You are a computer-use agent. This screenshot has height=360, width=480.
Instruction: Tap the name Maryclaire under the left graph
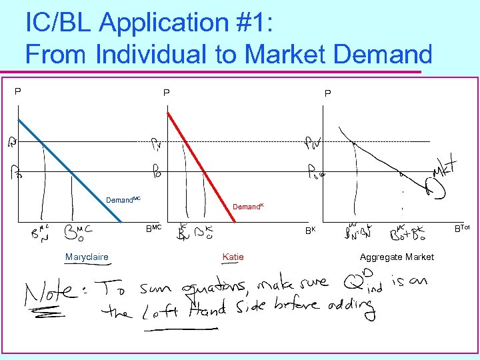pos(87,257)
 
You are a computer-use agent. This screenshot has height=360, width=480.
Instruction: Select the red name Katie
pos(233,257)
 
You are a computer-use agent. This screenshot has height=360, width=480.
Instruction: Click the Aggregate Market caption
pos(397,257)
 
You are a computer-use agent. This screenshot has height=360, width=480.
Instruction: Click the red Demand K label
pos(247,207)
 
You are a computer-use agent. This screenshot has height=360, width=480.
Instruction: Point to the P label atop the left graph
pos(18,91)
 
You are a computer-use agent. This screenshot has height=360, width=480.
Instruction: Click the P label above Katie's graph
pos(167,93)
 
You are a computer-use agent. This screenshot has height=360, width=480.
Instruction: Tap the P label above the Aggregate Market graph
pos(327,93)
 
